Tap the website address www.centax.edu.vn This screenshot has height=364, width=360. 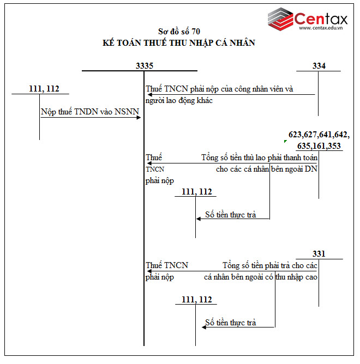click(x=323, y=28)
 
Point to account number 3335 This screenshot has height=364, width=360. click(x=145, y=65)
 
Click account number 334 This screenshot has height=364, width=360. click(x=319, y=65)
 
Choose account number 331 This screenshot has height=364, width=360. click(x=319, y=254)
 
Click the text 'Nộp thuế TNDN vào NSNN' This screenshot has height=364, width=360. click(x=90, y=112)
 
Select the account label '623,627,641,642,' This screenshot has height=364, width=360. click(x=319, y=134)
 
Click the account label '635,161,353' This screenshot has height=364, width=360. click(x=319, y=145)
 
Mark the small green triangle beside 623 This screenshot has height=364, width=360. click(x=285, y=141)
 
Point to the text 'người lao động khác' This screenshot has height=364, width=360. click(x=179, y=100)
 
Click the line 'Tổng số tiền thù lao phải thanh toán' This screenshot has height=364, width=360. click(x=259, y=157)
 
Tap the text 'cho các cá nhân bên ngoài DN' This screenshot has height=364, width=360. click(x=266, y=169)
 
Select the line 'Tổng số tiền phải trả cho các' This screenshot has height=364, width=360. click(x=269, y=265)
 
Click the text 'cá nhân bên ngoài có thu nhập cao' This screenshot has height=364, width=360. click(x=261, y=277)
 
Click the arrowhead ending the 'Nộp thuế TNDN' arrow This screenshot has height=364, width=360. click(x=140, y=117)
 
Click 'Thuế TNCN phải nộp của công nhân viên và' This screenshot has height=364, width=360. click(x=219, y=89)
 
